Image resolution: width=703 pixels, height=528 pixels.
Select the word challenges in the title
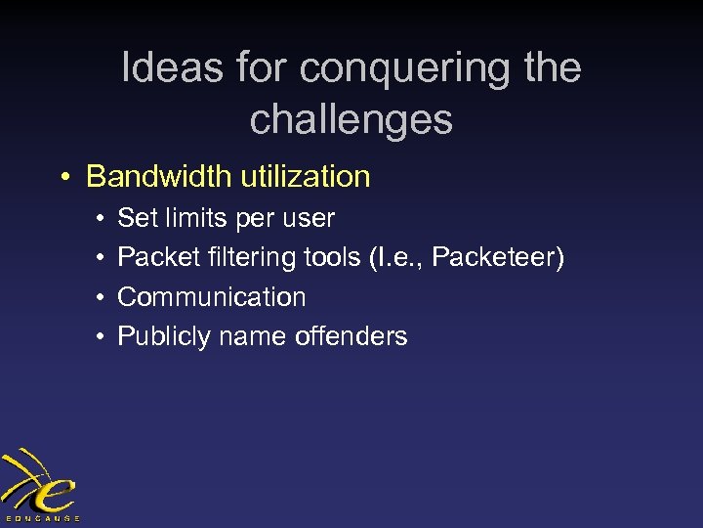[x=351, y=119]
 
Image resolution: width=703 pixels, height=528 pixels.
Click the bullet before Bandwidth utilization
[x=62, y=178]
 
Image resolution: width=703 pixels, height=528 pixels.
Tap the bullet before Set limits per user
[x=102, y=219]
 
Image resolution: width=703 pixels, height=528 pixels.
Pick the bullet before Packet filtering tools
[x=102, y=258]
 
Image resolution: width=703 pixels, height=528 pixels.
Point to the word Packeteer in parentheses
[x=495, y=258]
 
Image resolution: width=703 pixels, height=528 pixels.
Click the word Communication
[x=212, y=297]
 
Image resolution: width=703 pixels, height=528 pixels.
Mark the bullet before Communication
[x=102, y=297]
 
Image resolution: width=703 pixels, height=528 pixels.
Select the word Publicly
[x=164, y=337]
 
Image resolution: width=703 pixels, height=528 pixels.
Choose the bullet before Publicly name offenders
[x=102, y=337]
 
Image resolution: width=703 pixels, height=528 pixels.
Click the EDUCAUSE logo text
[x=41, y=517]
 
